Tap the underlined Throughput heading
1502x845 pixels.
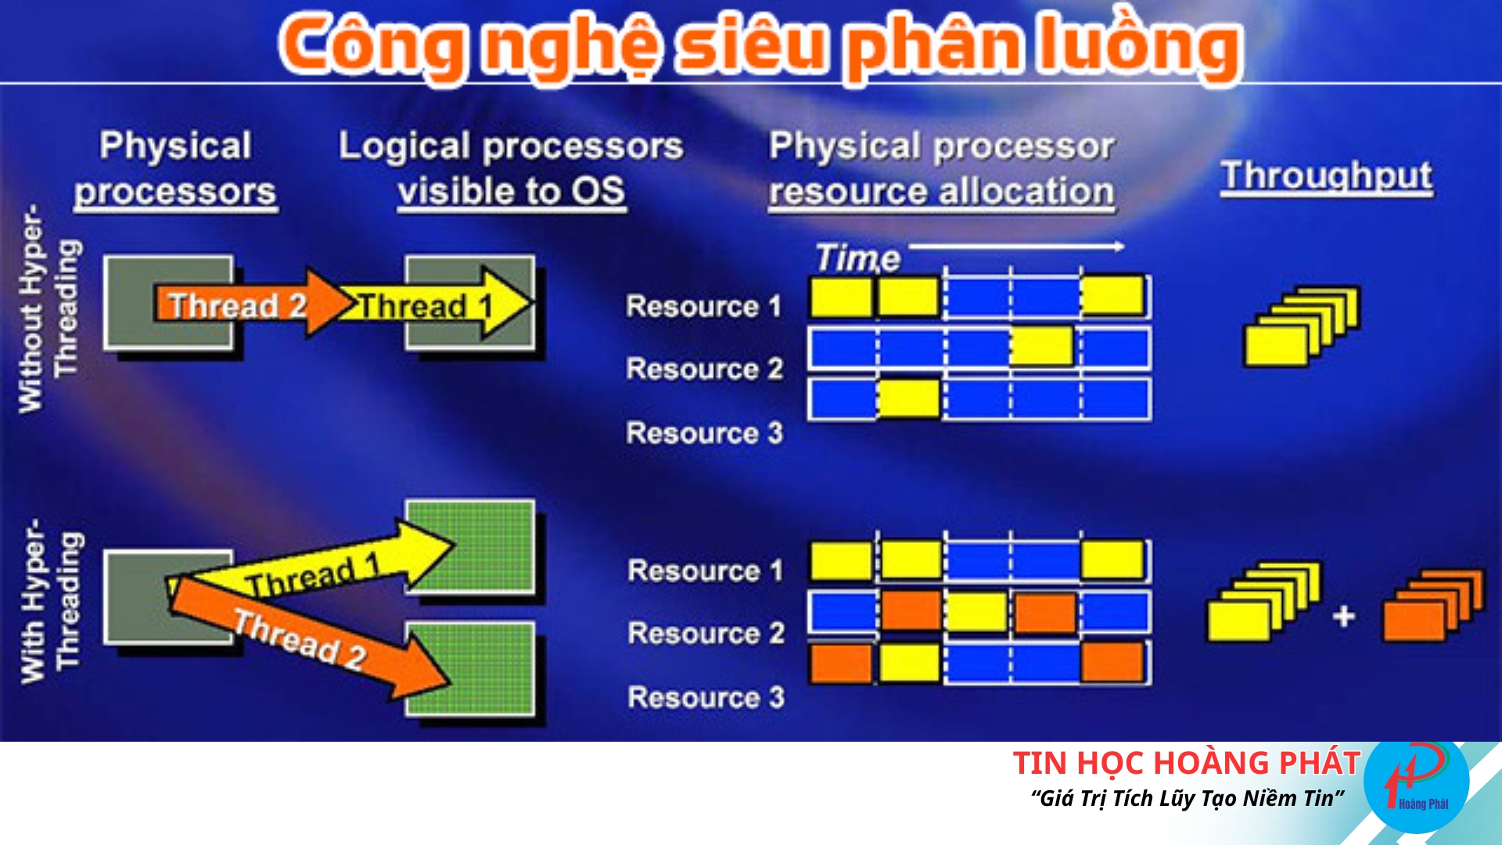point(1328,177)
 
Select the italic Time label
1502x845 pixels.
point(857,258)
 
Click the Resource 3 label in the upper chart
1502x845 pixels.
point(704,433)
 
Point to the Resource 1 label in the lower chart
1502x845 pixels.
point(705,570)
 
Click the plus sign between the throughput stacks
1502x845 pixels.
point(1344,616)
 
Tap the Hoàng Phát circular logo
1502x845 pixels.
point(1416,782)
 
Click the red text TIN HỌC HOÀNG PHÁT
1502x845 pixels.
point(1187,763)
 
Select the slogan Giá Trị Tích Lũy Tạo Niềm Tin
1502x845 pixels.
point(1187,799)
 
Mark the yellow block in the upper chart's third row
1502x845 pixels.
point(908,399)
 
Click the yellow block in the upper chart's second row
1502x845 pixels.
point(1041,346)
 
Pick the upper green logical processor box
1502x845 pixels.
point(470,548)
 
